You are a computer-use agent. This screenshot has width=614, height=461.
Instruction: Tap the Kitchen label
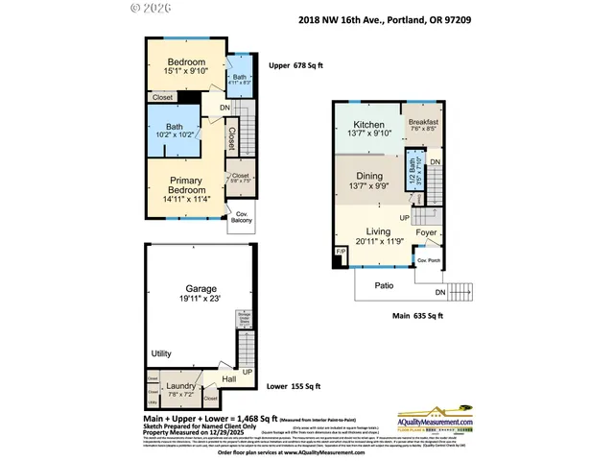click(x=368, y=125)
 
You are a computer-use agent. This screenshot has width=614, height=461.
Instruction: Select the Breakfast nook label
click(x=423, y=123)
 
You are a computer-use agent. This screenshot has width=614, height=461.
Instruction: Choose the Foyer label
click(x=426, y=230)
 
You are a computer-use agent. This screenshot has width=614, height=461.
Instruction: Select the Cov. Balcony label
click(x=242, y=217)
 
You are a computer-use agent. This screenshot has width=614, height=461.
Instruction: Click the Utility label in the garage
click(x=161, y=354)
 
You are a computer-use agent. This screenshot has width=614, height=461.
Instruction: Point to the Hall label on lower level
click(x=228, y=379)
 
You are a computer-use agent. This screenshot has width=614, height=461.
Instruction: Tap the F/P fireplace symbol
click(x=340, y=252)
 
